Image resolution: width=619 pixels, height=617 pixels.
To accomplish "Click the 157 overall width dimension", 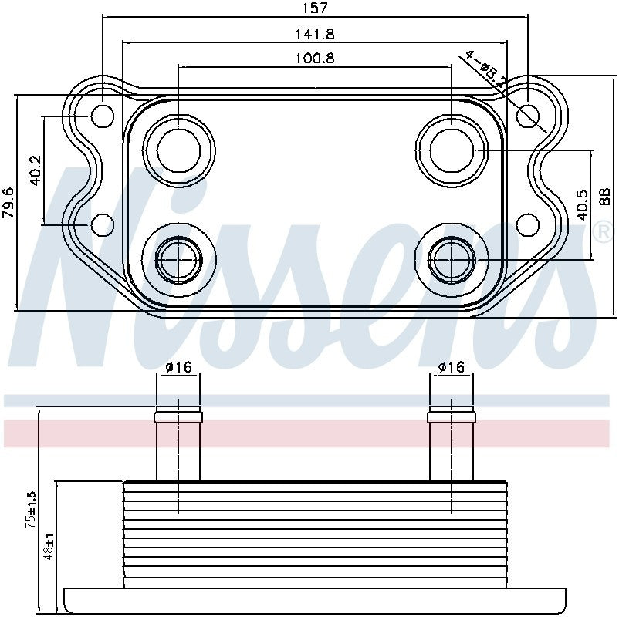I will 313,8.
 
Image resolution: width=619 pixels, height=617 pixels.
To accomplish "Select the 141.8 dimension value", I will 313,34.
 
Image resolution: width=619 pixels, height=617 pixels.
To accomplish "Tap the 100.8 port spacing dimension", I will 313,59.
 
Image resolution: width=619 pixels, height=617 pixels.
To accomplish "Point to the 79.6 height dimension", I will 8,203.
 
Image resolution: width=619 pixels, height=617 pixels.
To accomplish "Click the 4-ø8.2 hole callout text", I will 485,70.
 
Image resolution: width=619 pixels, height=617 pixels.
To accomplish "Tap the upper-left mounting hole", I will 103,116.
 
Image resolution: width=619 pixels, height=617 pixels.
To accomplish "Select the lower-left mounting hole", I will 103,224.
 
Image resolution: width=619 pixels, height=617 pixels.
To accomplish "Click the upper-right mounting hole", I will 528,116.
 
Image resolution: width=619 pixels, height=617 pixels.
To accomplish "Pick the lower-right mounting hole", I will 528,224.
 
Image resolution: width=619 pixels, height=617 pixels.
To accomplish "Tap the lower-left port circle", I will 179,260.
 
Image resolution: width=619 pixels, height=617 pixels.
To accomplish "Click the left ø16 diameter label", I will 178,367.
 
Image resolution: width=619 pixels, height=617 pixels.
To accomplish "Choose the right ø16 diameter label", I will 452,367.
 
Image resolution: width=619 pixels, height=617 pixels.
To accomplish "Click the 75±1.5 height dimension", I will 31,510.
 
